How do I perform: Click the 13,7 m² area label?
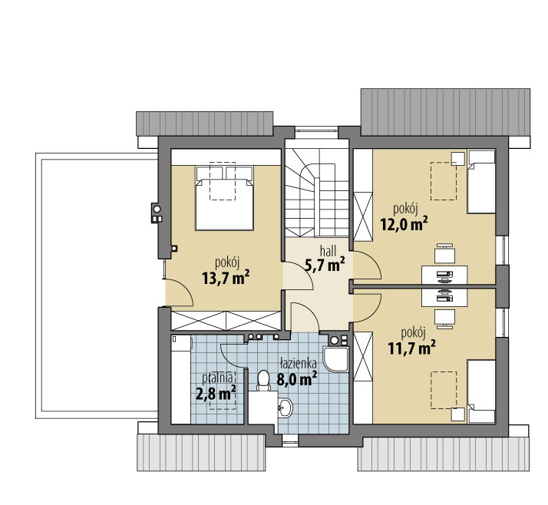pos(226,278)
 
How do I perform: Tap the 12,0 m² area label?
pos(404,224)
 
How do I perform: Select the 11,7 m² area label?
pos(411,348)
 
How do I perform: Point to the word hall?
pos(328,250)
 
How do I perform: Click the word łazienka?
pos(298,364)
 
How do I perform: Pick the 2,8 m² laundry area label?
pos(215,394)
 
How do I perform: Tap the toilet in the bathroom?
pos(263,381)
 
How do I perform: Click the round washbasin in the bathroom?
pos(286,408)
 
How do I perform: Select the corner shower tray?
pos(335,359)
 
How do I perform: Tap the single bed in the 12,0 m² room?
pos(481,181)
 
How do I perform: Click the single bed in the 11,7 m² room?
pos(481,391)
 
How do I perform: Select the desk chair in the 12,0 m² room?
pos(444,253)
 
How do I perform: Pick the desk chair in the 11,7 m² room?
pos(444,319)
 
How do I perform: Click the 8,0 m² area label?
pos(297,379)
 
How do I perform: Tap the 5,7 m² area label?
pos(325,265)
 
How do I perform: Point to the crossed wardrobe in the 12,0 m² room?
pos(363,216)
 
